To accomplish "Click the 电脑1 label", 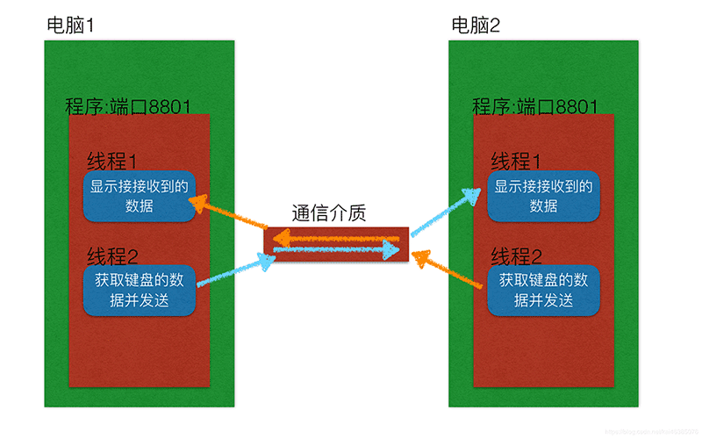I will click(x=70, y=25).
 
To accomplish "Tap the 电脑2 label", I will click(x=475, y=25).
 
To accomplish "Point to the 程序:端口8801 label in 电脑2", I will click(x=534, y=107).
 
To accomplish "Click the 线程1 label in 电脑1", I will click(x=112, y=162).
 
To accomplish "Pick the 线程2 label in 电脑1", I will click(x=112, y=256).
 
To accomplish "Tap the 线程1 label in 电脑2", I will click(x=516, y=162).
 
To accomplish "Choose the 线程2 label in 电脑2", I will click(x=516, y=256).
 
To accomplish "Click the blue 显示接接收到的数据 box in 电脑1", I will click(x=139, y=197).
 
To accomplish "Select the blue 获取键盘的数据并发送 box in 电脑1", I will click(x=139, y=291).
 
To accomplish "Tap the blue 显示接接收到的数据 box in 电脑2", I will click(x=543, y=197).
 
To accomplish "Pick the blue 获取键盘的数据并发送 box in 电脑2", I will click(x=543, y=291).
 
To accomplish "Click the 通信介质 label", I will click(x=328, y=213).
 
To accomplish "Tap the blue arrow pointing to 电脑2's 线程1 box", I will click(x=444, y=210).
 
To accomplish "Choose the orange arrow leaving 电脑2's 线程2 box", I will click(x=448, y=271).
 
